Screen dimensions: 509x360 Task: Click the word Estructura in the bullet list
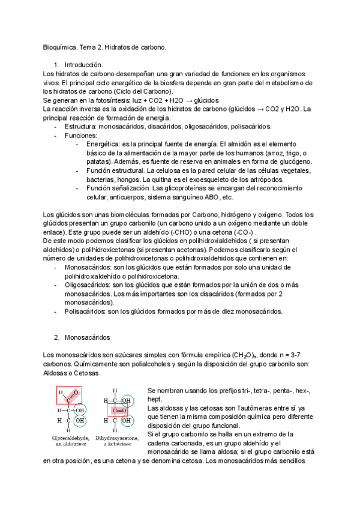(x=82, y=127)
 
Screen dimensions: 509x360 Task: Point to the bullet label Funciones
(x=81, y=136)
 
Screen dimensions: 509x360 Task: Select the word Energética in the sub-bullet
(x=103, y=145)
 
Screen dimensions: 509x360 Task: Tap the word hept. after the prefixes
(x=154, y=399)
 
